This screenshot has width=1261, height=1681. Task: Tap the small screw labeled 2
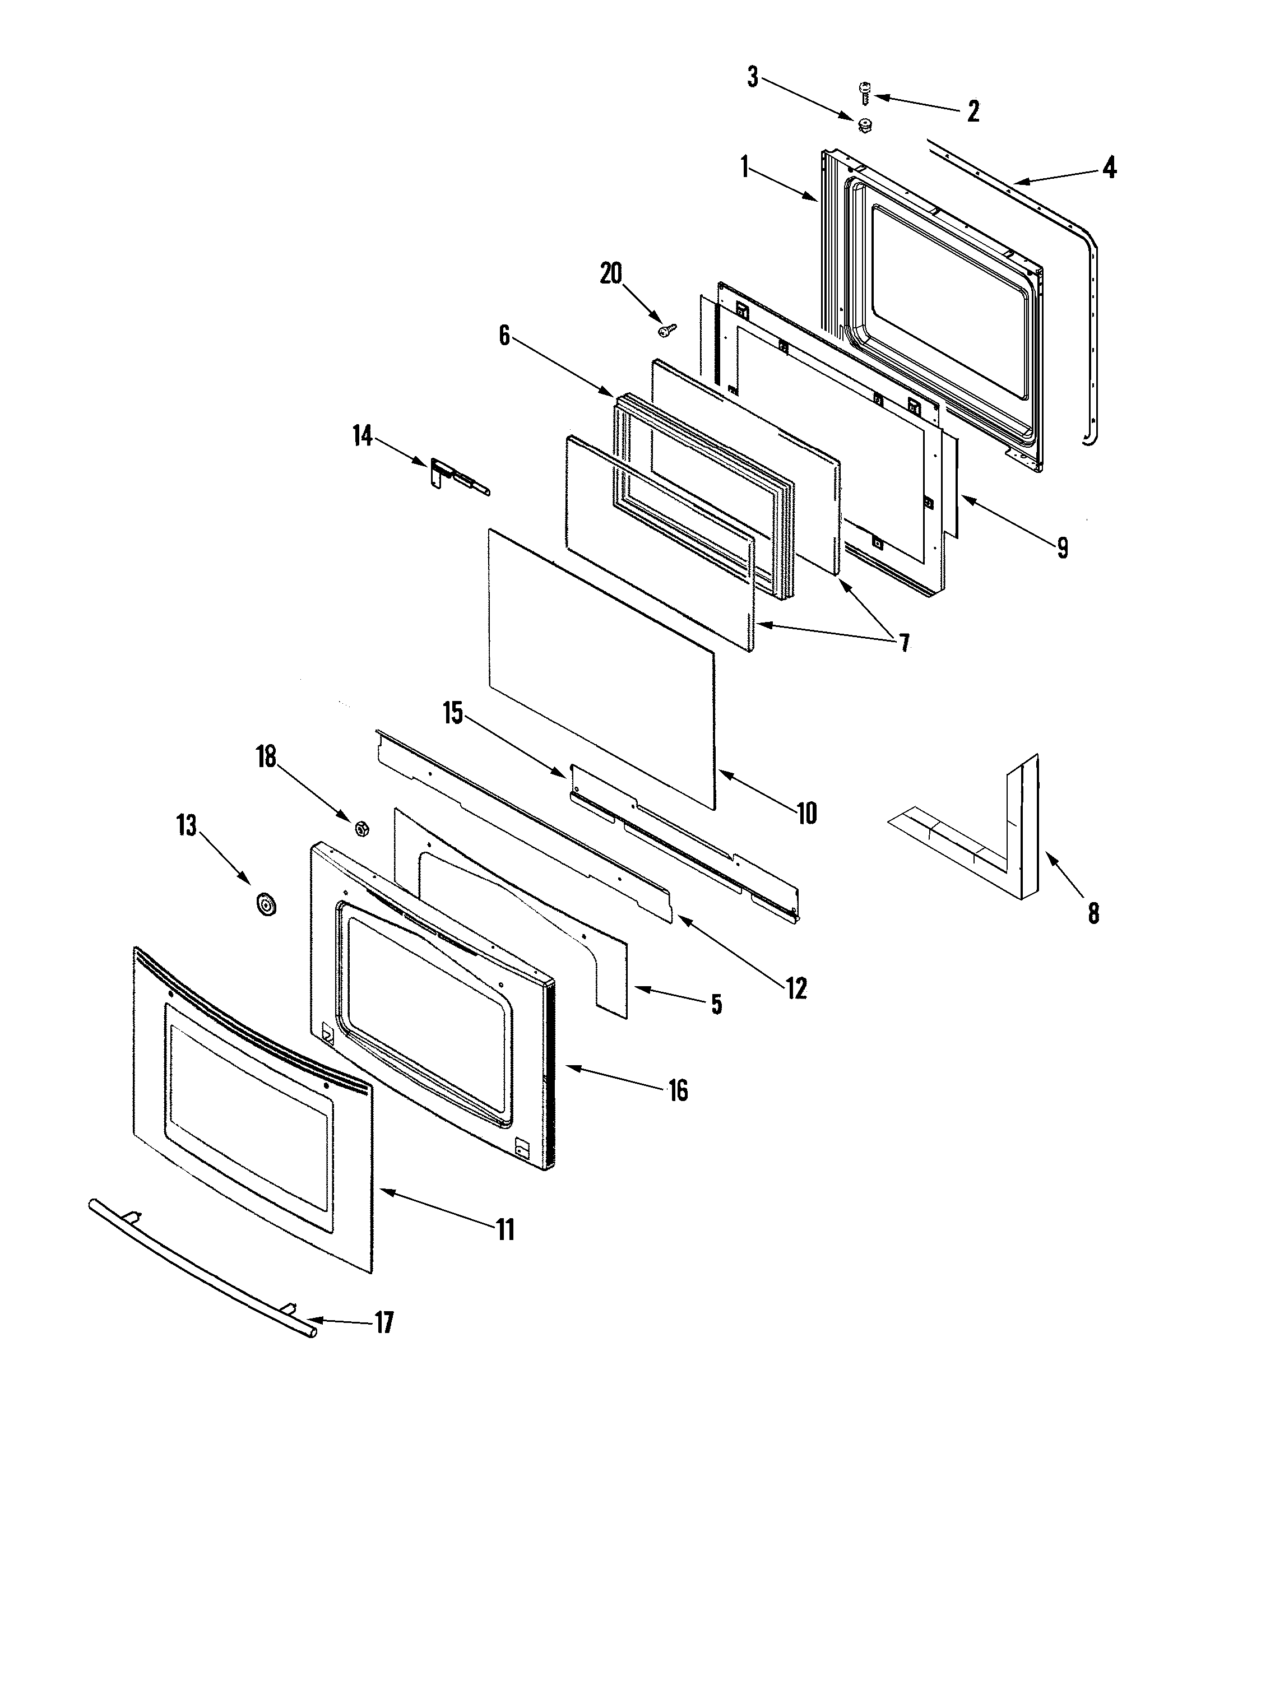point(864,94)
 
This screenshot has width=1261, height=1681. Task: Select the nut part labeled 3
point(864,126)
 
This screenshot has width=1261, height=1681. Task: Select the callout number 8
point(1093,913)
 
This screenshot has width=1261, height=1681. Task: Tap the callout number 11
point(506,1229)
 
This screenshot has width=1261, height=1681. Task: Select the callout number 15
point(453,714)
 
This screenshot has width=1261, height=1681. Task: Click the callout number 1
point(745,167)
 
